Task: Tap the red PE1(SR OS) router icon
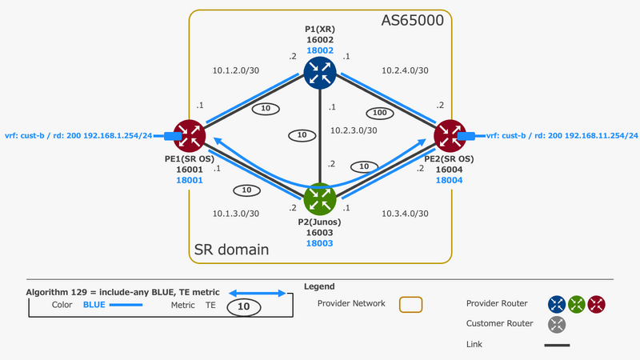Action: click(190, 136)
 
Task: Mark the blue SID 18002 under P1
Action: click(319, 50)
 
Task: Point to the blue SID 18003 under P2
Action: click(319, 242)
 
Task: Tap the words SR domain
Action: click(231, 250)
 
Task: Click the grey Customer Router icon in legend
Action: click(558, 324)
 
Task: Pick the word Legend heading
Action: click(319, 286)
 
